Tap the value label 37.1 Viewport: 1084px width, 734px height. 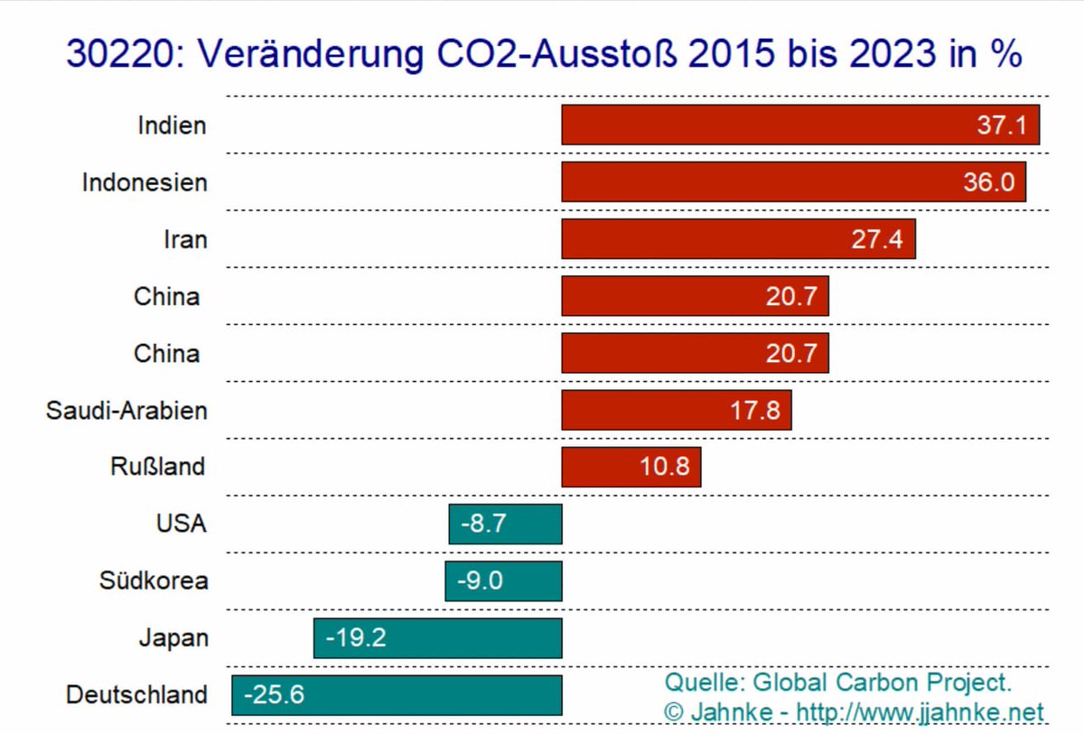click(1001, 125)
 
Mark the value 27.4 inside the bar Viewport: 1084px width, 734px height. click(876, 240)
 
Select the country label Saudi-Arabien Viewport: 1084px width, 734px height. click(126, 411)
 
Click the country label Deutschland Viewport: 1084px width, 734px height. click(136, 696)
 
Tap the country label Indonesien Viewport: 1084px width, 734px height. click(145, 182)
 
